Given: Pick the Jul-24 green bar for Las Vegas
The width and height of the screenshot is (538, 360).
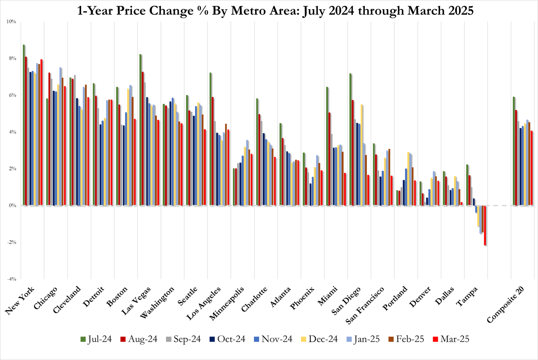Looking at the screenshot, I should click(x=141, y=130).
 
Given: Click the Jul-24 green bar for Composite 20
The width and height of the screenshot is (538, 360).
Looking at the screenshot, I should click(x=514, y=151).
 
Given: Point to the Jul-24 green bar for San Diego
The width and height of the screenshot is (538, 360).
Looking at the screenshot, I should click(x=350, y=139).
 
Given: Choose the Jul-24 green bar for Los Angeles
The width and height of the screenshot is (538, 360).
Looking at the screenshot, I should click(x=211, y=139).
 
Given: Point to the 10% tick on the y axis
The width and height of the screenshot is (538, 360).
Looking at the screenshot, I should click(x=11, y=21).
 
